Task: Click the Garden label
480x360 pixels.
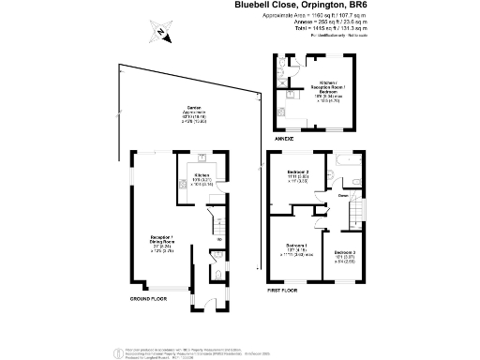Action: coord(195,109)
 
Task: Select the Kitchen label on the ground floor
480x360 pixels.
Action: coord(201,175)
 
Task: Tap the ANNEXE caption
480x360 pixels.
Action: coord(283,138)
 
